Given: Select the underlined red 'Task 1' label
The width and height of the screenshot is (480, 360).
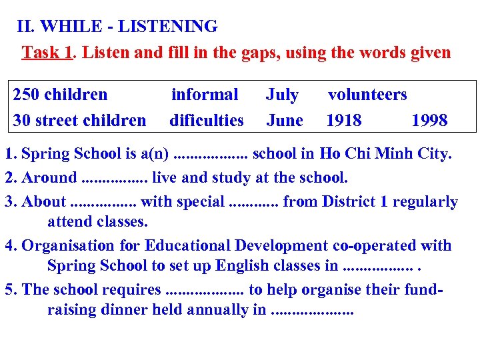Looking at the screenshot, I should [47, 52].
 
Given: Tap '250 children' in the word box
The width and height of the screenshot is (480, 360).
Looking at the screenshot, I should [60, 95].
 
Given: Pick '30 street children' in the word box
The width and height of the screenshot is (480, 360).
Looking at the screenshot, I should [79, 120].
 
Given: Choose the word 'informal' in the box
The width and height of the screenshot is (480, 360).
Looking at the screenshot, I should [205, 95].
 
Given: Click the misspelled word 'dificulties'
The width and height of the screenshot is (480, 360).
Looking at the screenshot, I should [207, 120].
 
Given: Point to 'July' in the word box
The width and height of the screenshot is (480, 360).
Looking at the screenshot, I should [282, 95].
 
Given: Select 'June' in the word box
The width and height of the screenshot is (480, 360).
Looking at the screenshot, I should [285, 120].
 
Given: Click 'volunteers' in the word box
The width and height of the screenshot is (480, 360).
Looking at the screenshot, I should [367, 95].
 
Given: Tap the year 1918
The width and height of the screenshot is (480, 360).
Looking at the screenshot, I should [344, 120].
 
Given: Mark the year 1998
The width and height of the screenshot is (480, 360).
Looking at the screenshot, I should [429, 120].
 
